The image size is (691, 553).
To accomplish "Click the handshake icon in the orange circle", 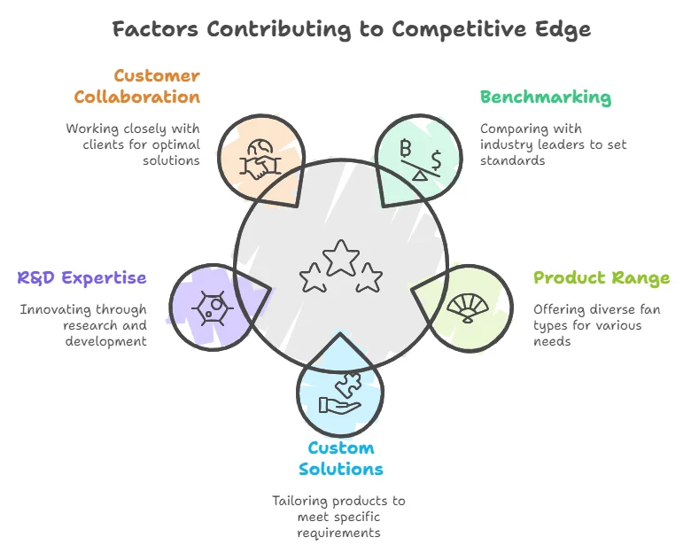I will [x=259, y=158].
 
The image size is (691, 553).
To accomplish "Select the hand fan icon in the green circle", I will [x=467, y=307].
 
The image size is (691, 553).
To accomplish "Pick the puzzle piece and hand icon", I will [x=340, y=395].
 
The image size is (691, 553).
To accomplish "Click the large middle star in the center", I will [x=340, y=259].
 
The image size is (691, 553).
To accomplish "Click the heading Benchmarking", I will [x=545, y=97].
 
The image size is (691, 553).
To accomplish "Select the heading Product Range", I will [x=602, y=278].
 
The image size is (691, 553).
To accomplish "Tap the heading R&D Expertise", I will [x=82, y=278].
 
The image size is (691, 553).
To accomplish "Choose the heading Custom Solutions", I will [x=341, y=458].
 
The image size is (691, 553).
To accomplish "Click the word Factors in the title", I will [x=155, y=28].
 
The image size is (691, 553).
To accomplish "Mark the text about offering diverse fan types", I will [x=597, y=325].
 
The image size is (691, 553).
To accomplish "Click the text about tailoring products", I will [x=340, y=517].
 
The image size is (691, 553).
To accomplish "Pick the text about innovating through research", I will [x=83, y=325].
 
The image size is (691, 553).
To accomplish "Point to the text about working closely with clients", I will [x=133, y=144].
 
